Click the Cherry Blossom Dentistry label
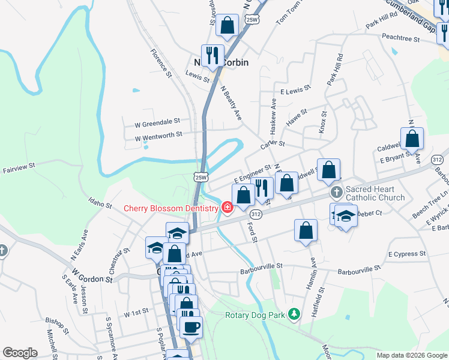[171, 208]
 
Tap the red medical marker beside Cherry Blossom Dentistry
[227, 208]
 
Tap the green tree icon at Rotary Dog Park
[294, 314]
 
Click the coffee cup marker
[191, 327]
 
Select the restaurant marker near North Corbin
[212, 56]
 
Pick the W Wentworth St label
[158, 136]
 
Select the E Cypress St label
[407, 254]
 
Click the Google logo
[20, 353]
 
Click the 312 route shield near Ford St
[256, 214]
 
